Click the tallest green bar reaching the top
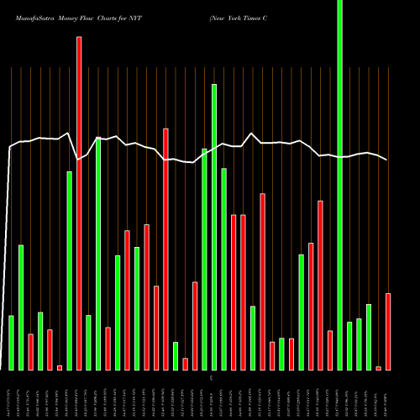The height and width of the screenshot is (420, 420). point(339,185)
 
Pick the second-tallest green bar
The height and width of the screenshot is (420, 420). point(214,227)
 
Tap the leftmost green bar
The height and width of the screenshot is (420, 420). point(11,343)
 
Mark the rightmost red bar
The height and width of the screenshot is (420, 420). point(388,332)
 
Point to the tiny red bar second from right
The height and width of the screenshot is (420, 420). point(378,368)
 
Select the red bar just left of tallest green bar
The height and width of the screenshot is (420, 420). point(330,350)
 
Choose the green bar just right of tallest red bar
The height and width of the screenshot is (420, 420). point(88,343)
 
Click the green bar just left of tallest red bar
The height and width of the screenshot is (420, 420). point(69,270)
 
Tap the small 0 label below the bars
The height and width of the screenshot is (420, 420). point(211,380)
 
